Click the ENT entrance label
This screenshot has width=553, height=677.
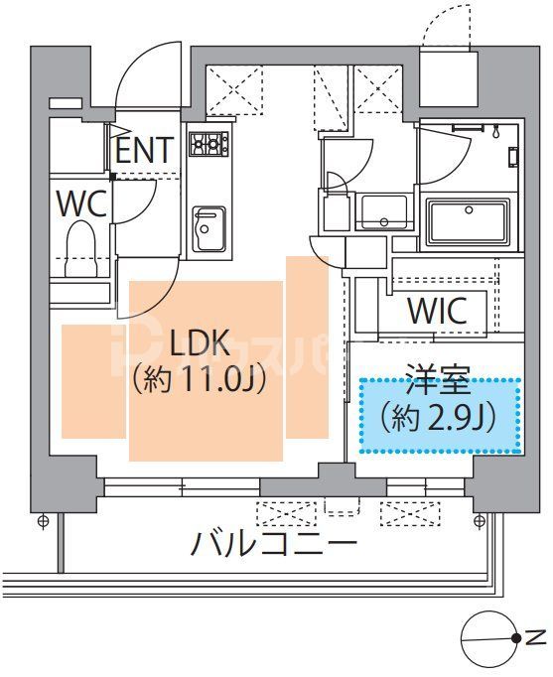coord(145,150)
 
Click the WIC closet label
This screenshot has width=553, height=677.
coord(437,311)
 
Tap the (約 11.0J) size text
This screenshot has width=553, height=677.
coord(200,381)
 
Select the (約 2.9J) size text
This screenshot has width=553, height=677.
coord(439,418)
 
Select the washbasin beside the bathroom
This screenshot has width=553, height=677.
coord(381,211)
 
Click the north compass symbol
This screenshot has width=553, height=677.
coord(491,638)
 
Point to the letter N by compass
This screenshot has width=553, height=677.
coord(533,637)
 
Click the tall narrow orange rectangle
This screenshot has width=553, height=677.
coord(306,346)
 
